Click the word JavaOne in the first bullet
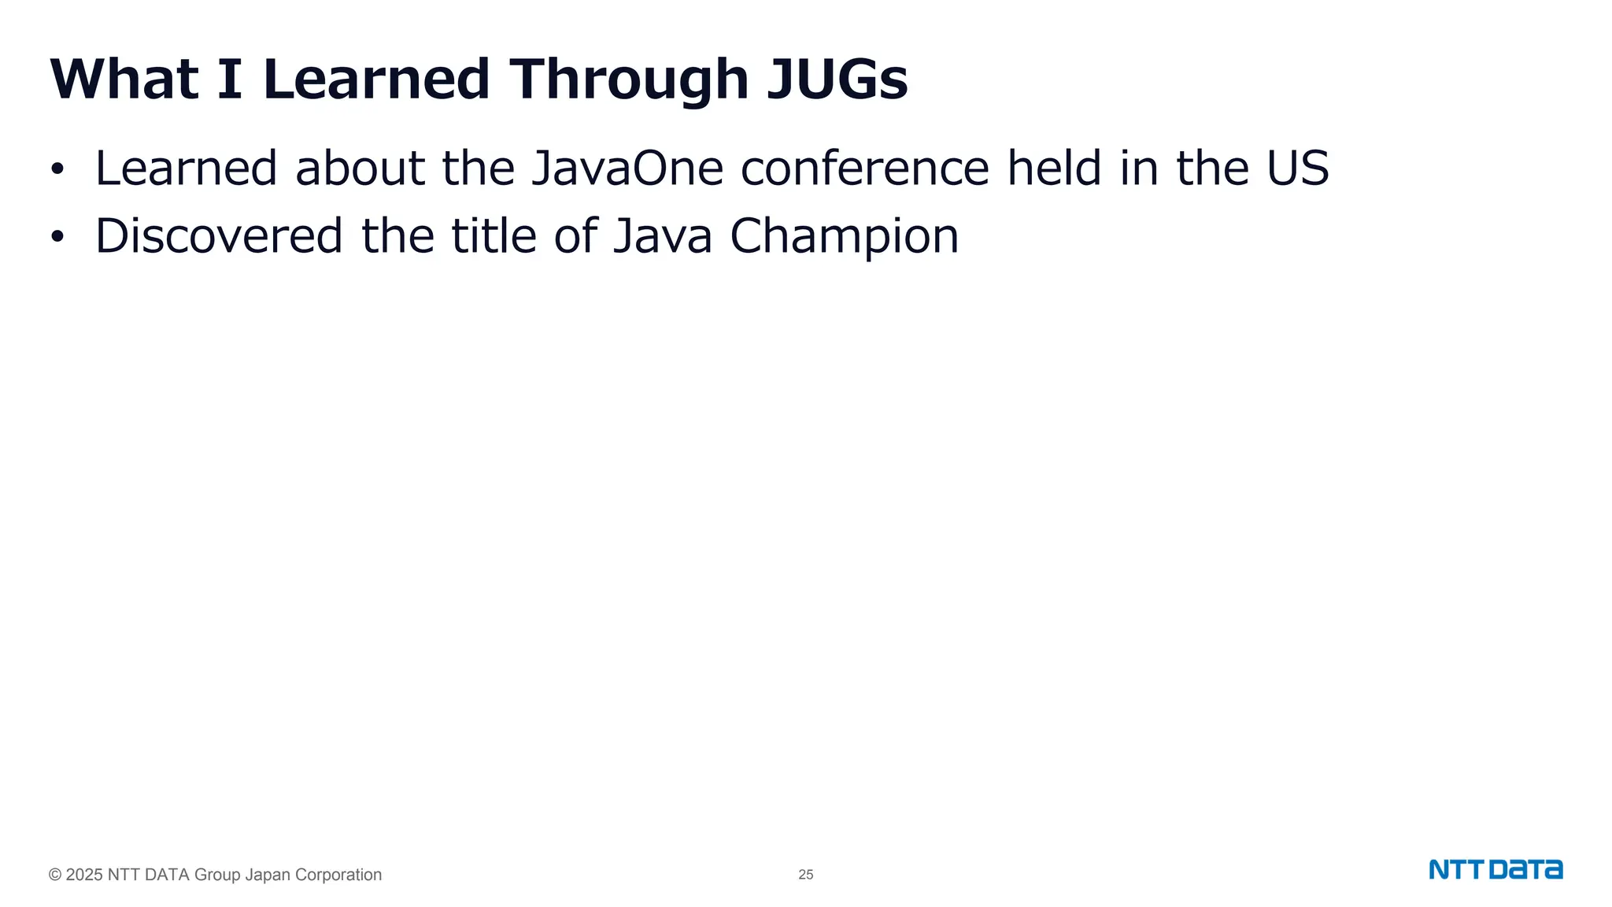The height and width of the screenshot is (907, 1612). click(x=627, y=168)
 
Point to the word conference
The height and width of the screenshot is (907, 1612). click(x=864, y=168)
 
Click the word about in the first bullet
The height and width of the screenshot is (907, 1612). click(x=360, y=168)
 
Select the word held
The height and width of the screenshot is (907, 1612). click(x=1055, y=168)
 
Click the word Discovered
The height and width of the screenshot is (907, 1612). click(x=219, y=236)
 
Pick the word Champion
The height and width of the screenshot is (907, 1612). click(x=844, y=237)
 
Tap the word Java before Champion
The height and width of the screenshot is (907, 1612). click(x=663, y=236)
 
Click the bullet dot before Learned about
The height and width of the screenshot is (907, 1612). click(x=57, y=170)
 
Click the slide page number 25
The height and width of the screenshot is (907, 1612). click(x=805, y=875)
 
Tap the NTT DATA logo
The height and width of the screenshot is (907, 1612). click(x=1496, y=870)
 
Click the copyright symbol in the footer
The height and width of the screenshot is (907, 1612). click(x=55, y=875)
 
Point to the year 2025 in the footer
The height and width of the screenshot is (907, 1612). click(x=84, y=875)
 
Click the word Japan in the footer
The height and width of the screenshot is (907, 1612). click(x=268, y=875)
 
